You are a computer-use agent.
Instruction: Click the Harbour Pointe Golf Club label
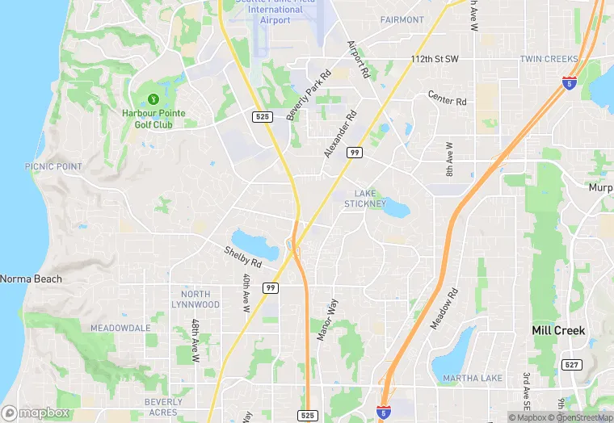coord(152,118)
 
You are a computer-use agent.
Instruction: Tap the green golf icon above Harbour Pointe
coord(152,99)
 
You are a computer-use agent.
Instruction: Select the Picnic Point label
coord(53,166)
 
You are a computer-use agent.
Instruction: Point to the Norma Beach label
coord(31,279)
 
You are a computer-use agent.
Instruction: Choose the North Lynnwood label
coord(196,299)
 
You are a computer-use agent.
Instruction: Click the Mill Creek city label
coord(558,330)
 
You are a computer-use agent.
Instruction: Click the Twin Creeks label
coord(549,59)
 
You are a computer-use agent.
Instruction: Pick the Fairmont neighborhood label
coord(402,19)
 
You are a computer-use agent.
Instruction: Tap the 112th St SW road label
coord(434,60)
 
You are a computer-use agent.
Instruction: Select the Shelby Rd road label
coord(243,258)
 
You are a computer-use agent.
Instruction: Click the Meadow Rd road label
coord(444,307)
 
